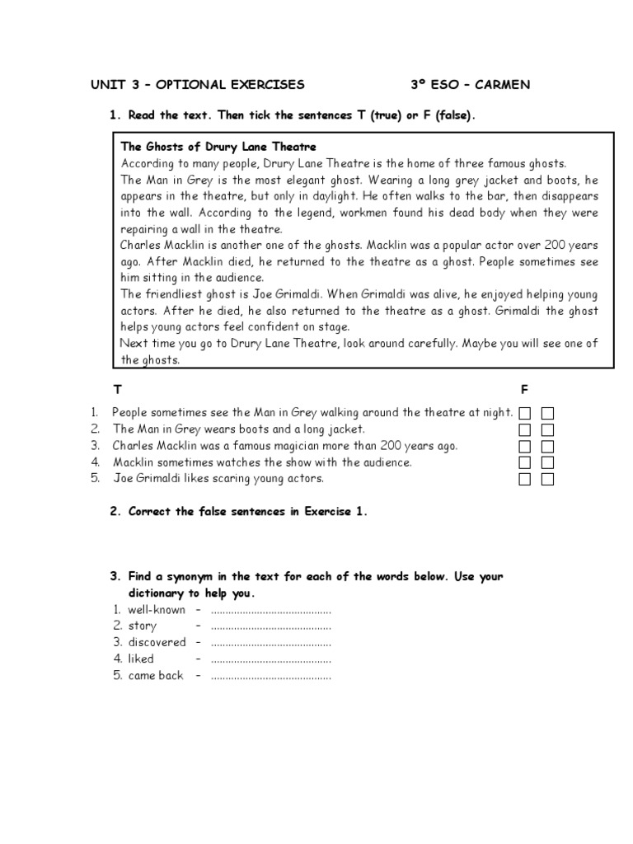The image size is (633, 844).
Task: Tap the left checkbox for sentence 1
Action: [525, 413]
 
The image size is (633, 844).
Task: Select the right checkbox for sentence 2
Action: [547, 429]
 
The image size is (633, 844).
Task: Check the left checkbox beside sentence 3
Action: [525, 446]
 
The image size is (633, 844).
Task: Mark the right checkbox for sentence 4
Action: [547, 462]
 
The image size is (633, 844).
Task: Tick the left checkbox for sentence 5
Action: [525, 479]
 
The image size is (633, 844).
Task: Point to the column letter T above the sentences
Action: [116, 388]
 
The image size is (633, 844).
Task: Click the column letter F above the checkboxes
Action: [524, 388]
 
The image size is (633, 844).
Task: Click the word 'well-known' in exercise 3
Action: [157, 610]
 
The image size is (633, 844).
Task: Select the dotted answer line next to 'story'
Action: [271, 626]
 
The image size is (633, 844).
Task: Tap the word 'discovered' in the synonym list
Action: [157, 643]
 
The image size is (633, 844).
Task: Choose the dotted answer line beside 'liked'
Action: [271, 659]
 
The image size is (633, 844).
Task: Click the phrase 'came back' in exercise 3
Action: [156, 676]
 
